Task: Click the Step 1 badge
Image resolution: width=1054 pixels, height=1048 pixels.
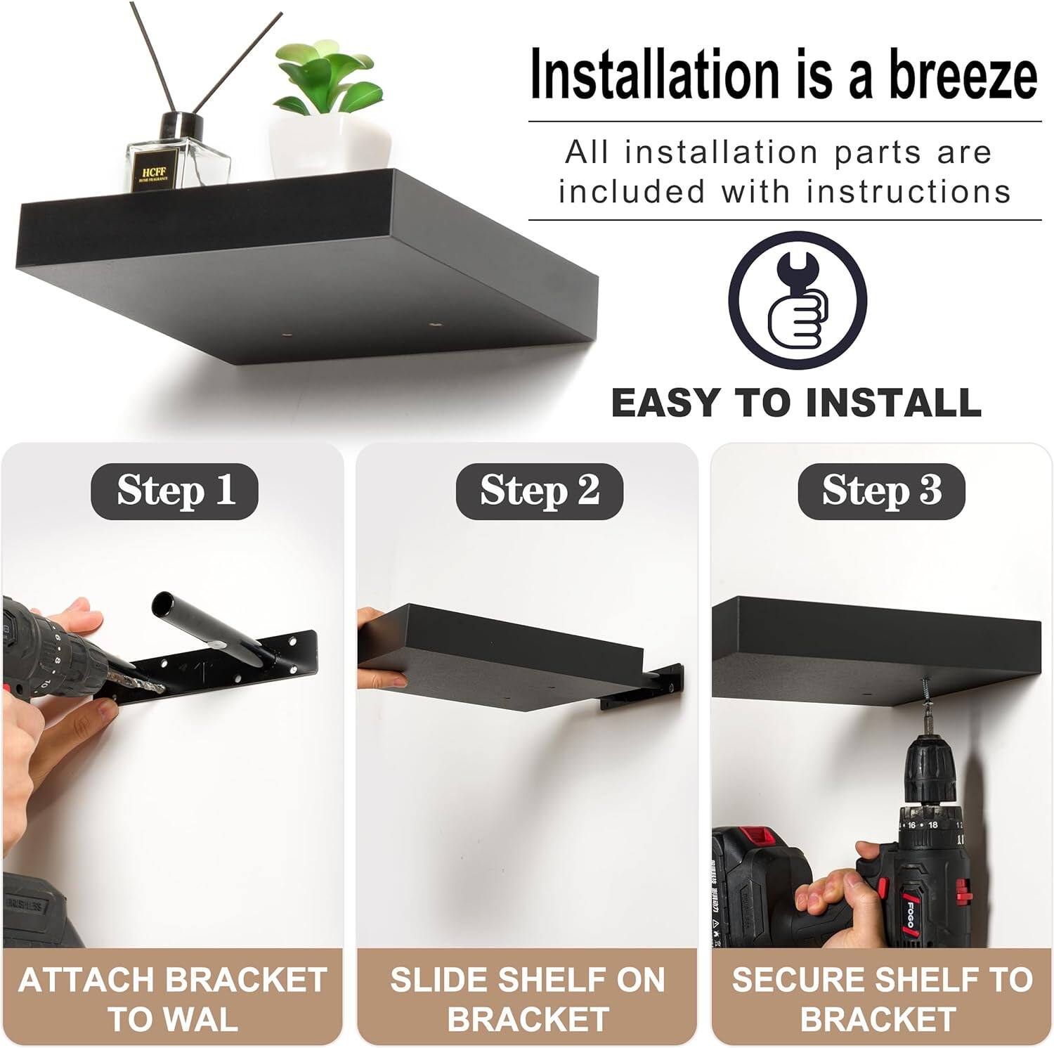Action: pyautogui.click(x=175, y=491)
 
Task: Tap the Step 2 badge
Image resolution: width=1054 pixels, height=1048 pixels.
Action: pyautogui.click(x=539, y=491)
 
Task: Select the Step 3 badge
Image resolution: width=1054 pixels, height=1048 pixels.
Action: pyautogui.click(x=881, y=491)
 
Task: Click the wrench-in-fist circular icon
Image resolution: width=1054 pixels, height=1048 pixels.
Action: pyautogui.click(x=797, y=301)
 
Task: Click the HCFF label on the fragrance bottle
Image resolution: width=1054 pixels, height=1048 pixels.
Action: pyautogui.click(x=154, y=173)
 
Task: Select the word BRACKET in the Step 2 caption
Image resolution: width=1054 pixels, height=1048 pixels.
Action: pyautogui.click(x=527, y=1018)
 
